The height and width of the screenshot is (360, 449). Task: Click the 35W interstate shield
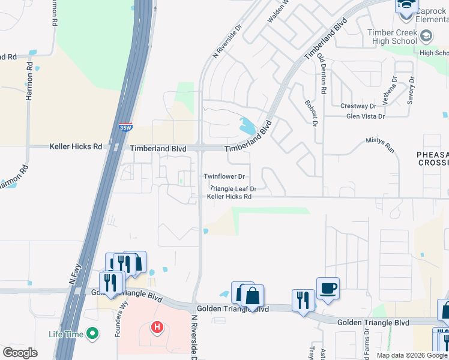point(125,127)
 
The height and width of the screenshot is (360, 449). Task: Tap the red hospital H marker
point(157,328)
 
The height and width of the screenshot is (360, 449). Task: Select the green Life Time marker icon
point(92,333)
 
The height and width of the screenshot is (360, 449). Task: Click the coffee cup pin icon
point(328,289)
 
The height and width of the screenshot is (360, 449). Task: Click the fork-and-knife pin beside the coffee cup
point(303,300)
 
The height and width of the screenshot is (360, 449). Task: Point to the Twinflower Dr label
point(224,176)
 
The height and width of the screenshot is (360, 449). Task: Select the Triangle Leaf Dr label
point(233,188)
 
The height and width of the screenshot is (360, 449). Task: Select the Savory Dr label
point(411,90)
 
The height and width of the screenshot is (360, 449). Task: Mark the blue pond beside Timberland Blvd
point(248,126)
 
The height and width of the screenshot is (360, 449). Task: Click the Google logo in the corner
point(20,353)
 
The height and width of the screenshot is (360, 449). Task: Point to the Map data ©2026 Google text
point(412,355)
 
